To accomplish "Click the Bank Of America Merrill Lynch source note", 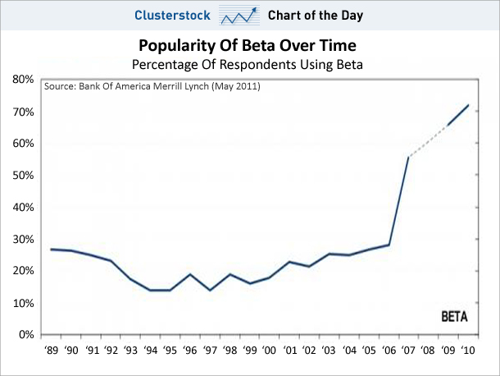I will point(152,86).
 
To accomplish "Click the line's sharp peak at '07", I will point(407,157).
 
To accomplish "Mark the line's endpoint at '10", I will point(468,105).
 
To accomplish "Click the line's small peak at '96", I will point(189,274).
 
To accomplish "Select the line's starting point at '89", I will point(51,249).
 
